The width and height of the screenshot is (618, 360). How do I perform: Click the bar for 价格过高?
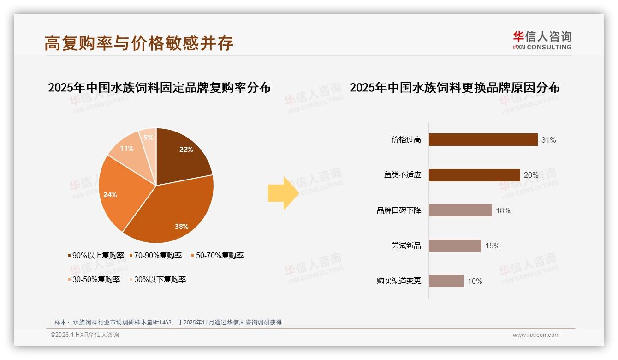point(483,140)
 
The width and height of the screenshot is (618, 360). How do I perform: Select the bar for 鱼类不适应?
point(474,175)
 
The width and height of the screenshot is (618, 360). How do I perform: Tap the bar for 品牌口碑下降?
point(460,210)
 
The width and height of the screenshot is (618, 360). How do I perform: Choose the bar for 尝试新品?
point(455,246)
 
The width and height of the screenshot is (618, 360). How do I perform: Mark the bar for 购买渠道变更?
point(446,281)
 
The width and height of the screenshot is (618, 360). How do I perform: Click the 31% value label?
point(548,140)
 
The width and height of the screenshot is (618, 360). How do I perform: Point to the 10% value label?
point(475,281)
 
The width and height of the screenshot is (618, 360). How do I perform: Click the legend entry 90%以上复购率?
point(96,255)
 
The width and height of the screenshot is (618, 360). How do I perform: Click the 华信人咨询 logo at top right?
point(542,40)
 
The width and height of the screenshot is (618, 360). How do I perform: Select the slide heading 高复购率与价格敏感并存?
point(139,42)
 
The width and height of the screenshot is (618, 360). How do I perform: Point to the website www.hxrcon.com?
point(536,335)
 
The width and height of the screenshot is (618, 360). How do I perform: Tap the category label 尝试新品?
point(406,246)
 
